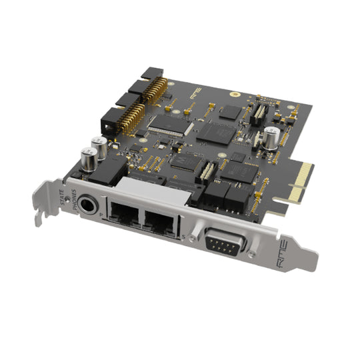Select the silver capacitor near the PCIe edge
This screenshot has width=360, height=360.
pos(271,136)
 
